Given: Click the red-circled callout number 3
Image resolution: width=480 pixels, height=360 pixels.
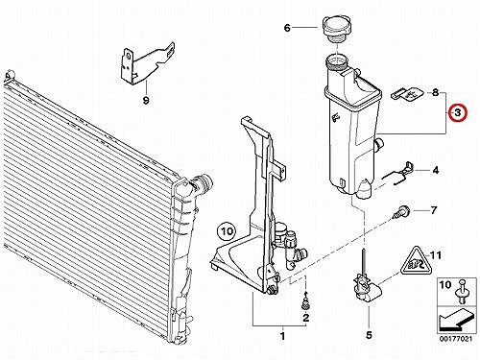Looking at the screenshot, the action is tap(458, 112).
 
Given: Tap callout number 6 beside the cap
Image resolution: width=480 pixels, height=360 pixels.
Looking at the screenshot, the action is tap(287, 28).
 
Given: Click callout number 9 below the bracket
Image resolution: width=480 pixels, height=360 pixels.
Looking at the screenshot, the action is tap(146, 101).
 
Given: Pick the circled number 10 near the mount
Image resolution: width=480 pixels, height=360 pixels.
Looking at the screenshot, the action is tap(227, 231).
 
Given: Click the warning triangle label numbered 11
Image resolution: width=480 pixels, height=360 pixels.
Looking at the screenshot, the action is tap(415, 261).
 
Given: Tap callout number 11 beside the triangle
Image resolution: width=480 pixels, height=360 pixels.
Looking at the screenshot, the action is tap(436, 255).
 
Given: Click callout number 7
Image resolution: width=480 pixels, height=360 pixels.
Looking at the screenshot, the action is tap(434, 210).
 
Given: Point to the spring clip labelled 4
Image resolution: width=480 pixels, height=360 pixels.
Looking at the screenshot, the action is tap(400, 174).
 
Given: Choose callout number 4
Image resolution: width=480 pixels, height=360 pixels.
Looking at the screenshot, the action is tap(436, 170).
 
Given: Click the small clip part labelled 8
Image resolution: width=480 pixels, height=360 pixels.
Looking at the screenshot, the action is tap(407, 94).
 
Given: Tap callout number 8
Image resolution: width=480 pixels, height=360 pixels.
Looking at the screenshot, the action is tap(435, 93).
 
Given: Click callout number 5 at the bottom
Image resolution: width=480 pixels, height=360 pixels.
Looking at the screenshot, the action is tap(369, 335).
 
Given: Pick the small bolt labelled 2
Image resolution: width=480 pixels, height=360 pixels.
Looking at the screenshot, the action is tap(305, 301).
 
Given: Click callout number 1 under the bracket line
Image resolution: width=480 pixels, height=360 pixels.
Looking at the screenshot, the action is tap(282, 336).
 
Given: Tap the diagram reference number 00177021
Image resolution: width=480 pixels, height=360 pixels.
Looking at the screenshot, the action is tap(456, 339).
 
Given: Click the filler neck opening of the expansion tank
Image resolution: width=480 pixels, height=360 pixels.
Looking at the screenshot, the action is tap(337, 60).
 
